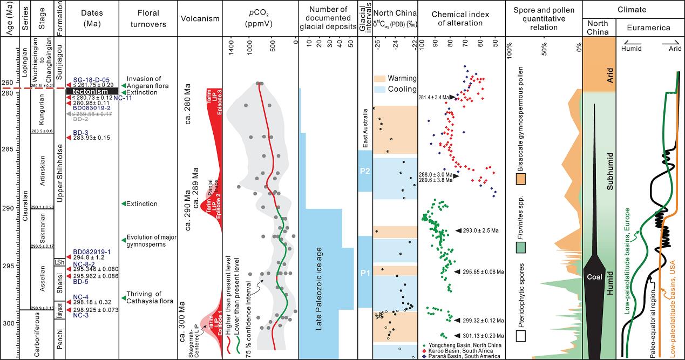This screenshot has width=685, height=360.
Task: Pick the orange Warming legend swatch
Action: pos(382,78)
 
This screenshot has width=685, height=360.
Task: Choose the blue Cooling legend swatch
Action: pos(382,89)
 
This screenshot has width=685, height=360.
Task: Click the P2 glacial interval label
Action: pos(364,171)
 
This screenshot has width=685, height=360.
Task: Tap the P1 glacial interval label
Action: pos(364,273)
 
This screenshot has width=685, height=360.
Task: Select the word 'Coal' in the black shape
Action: pos(594,277)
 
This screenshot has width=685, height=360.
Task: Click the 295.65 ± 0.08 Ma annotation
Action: pos(483,271)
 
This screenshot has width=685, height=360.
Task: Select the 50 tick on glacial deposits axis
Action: pos(351,46)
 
